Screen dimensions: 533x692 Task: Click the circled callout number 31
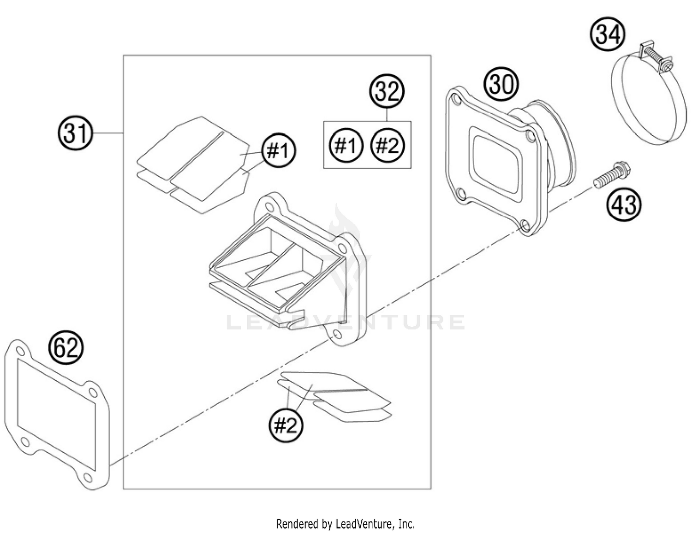coord(76,133)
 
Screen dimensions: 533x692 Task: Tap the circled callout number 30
coord(501,84)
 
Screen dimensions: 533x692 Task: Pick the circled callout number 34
coord(608,35)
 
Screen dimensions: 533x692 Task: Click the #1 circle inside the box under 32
coord(346,146)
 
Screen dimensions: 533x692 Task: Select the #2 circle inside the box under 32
coord(388,146)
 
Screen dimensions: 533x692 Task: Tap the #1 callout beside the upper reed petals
coord(279,150)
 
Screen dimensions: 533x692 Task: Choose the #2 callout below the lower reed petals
coord(286,425)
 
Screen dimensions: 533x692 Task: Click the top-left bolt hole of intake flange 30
coord(456,99)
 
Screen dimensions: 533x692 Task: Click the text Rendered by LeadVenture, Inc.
coord(346,524)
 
